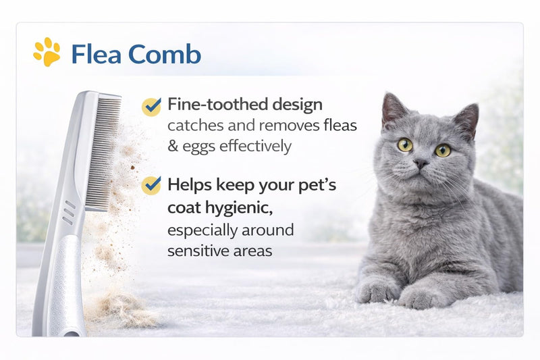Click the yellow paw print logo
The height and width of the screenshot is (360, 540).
pos(47,52)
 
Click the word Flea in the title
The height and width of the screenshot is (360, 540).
pos(96,54)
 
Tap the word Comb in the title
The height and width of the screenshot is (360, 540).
pos(165,54)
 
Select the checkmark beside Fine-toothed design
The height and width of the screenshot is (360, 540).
pos(151,107)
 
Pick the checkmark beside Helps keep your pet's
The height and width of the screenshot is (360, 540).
pos(151,185)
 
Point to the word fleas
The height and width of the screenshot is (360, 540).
pos(340,125)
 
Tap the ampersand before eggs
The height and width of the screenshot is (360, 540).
pos(173,146)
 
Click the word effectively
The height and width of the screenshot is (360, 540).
pos(255,146)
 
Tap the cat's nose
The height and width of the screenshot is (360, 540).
pos(421,163)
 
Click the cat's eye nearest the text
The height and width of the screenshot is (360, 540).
pos(405,145)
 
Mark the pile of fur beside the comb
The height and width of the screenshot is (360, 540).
pos(121,308)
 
